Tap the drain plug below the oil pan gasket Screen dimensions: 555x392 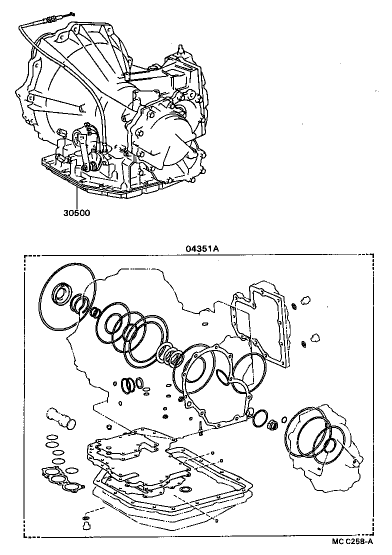(85, 525)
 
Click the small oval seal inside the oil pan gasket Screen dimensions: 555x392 (186, 488)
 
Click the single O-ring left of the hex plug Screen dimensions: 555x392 (259, 418)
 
